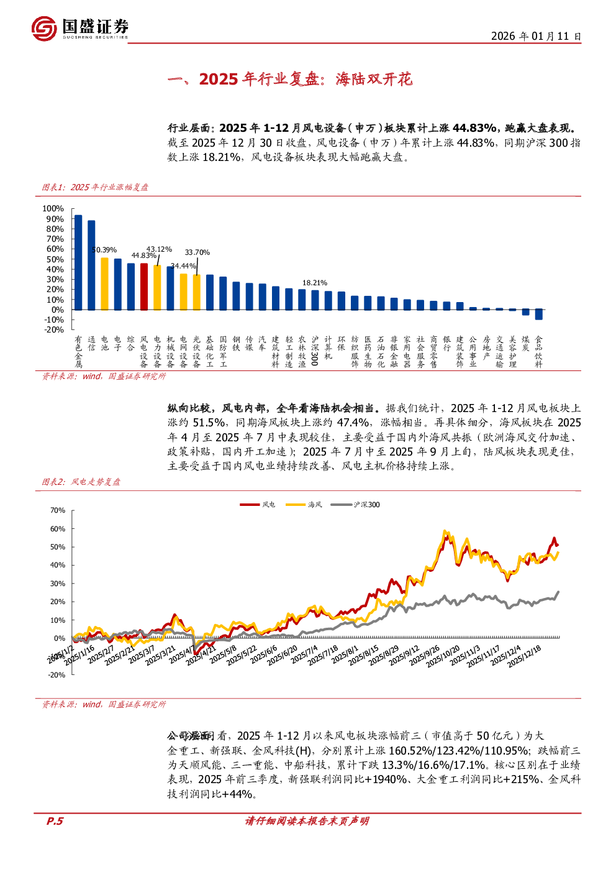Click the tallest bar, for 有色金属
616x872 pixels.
click(x=78, y=262)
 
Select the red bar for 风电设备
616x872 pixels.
click(x=144, y=287)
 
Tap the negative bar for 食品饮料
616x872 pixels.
click(x=538, y=314)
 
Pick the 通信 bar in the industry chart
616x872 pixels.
click(x=91, y=265)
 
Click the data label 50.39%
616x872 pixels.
click(x=104, y=250)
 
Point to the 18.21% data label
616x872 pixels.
click(x=315, y=283)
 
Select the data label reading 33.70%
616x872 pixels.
click(x=197, y=252)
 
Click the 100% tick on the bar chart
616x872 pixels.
click(x=53, y=209)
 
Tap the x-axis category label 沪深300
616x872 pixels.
click(x=315, y=351)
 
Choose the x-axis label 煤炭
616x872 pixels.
click(x=525, y=344)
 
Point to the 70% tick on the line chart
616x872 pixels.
click(x=58, y=510)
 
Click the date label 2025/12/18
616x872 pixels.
click(x=525, y=656)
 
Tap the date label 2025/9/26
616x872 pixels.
click(x=424, y=656)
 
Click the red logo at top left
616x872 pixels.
click(x=45, y=29)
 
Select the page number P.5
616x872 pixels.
click(x=55, y=821)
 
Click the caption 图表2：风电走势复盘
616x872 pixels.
click(x=81, y=482)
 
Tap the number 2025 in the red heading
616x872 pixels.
click(x=219, y=79)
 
